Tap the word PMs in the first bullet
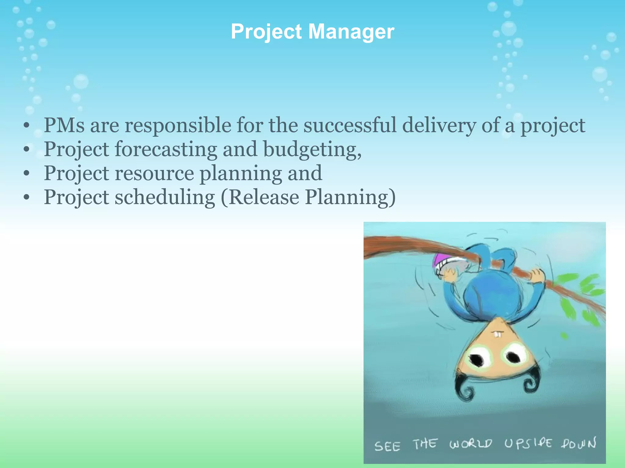(64, 125)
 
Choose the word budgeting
(312, 149)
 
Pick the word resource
(154, 173)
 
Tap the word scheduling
(165, 197)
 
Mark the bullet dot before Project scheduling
(27, 197)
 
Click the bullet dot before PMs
(27, 126)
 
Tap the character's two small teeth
(497, 335)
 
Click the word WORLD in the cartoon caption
(470, 444)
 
